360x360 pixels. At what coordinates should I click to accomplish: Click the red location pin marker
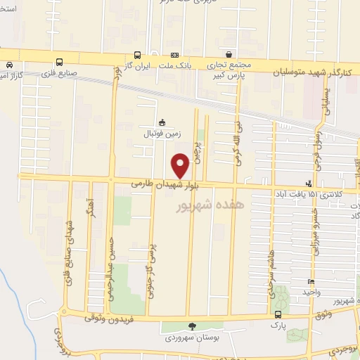pyautogui.click(x=181, y=165)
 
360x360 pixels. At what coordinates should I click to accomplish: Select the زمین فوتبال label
pyautogui.click(x=162, y=132)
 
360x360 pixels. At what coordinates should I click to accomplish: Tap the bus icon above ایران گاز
pyautogui.click(x=137, y=54)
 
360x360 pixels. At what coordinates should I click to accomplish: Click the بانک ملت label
pyautogui.click(x=176, y=65)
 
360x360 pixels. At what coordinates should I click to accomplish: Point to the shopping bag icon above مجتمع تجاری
pyautogui.click(x=229, y=54)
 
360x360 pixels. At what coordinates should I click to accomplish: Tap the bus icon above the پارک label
pyautogui.click(x=280, y=315)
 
